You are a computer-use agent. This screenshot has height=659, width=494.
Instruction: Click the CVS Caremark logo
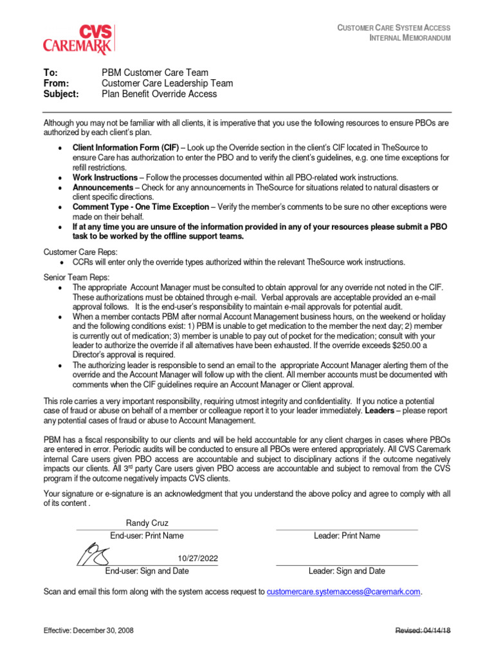point(78,39)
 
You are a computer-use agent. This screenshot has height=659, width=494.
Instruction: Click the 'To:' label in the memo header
point(51,73)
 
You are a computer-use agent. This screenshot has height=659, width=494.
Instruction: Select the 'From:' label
point(56,83)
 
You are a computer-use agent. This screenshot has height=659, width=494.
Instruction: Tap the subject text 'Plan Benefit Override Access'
point(159,93)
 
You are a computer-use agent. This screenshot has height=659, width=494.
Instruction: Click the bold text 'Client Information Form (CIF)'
point(125,147)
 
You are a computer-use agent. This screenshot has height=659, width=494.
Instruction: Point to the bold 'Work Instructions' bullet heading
point(105,177)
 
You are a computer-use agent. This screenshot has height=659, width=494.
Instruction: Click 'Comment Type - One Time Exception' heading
point(141,207)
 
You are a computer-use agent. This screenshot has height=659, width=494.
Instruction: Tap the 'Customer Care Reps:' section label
point(80,252)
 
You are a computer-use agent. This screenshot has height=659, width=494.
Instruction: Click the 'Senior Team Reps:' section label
point(76,277)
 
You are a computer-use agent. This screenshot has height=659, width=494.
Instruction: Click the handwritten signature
point(94,553)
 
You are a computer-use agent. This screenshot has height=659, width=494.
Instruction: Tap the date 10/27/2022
point(197,557)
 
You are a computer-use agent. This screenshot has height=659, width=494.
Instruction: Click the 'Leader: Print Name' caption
point(347,535)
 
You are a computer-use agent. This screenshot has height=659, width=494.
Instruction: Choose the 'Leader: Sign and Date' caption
point(347,571)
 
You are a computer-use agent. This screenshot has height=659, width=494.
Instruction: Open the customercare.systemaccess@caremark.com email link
point(343,591)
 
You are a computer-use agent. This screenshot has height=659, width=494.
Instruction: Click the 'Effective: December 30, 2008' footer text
point(89,630)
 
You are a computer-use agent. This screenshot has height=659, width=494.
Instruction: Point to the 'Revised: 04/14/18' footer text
point(423,630)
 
